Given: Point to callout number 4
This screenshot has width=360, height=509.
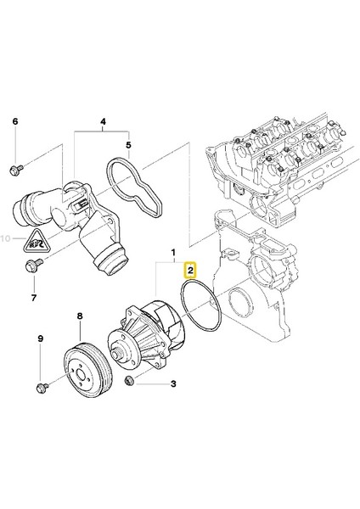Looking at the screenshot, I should (104, 121).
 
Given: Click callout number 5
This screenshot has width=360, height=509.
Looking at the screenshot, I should (129, 145).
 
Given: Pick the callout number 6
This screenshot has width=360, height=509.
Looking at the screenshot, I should (14, 122).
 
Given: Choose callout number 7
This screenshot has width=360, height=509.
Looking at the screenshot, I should (34, 297).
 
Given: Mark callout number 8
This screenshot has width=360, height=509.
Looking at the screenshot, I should (81, 317).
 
